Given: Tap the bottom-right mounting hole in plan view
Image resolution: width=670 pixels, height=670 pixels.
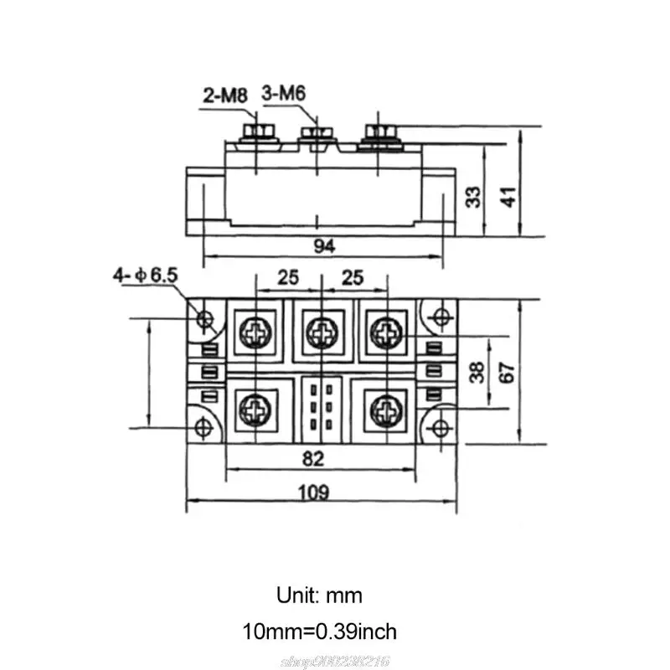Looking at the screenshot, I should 438,428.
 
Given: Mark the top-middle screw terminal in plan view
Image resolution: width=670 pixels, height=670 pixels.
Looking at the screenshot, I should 319,332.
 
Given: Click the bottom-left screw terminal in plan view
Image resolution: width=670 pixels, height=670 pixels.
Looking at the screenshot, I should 254,410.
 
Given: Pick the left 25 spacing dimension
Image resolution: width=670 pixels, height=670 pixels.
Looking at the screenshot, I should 286,277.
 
